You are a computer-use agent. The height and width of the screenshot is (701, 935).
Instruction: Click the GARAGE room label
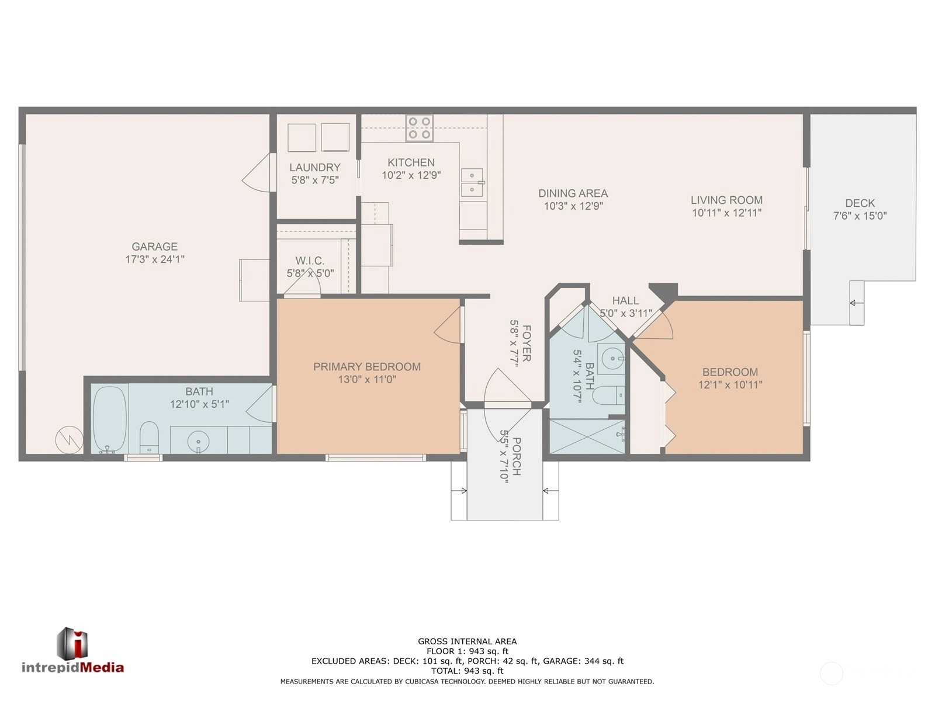coord(154,247)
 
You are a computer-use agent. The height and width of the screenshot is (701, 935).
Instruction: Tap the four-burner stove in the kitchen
coord(419,128)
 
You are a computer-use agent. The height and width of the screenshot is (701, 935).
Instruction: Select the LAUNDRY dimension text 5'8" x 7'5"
coord(315,180)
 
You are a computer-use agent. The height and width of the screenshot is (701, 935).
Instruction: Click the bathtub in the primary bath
coord(110,419)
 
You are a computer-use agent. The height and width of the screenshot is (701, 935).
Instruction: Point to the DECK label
coord(860,203)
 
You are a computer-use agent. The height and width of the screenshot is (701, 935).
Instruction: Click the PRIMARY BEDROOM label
coord(367,366)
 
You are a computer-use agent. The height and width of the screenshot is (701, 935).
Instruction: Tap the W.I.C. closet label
coord(310,261)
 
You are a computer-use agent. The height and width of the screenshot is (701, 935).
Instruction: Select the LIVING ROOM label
coord(727,200)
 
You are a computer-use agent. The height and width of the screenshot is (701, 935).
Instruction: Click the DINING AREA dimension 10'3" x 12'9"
coord(573,206)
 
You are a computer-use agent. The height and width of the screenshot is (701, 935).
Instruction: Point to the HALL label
coord(625,300)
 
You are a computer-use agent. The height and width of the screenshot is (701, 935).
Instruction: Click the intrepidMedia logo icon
coord(72,644)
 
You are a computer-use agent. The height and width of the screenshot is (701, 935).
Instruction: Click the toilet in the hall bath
coord(608,396)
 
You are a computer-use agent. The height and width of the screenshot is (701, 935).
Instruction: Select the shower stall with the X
coord(587,436)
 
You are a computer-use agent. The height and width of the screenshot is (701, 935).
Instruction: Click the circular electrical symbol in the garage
coord(70,440)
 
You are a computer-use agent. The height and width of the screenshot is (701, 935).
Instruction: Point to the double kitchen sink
coord(472,182)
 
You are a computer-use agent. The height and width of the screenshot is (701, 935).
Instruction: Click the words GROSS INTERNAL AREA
coord(467,641)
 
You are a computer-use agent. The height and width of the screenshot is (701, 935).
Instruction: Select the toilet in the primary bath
coord(149,437)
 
